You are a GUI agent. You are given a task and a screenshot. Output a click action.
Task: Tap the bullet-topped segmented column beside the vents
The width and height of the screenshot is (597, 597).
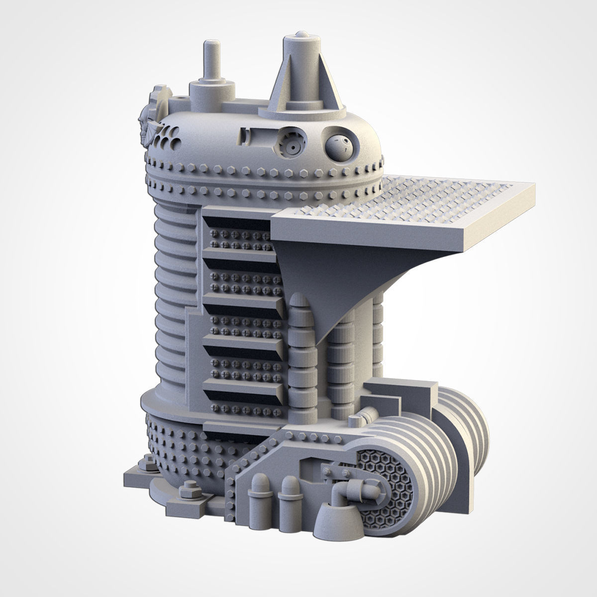click(x=302, y=348)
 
